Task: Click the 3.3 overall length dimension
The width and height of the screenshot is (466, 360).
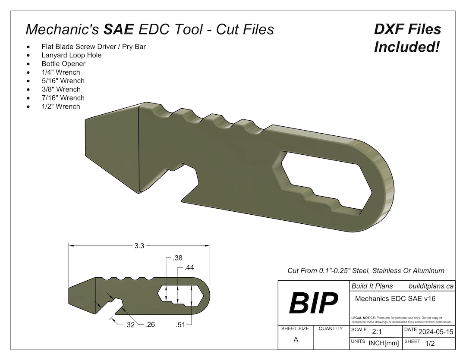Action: (139, 246)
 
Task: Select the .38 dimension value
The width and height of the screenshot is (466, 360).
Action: (177, 258)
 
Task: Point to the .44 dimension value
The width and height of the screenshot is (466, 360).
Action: (189, 268)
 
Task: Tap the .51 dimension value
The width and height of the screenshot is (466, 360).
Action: (180, 325)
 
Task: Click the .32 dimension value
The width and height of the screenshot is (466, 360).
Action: (129, 325)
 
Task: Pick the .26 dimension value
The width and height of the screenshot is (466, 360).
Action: (150, 325)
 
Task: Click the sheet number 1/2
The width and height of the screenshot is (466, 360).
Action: (430, 344)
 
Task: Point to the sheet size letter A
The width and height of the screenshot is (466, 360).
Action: (296, 339)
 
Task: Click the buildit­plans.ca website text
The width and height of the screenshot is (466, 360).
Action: (431, 286)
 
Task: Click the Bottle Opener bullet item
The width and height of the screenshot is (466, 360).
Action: (63, 64)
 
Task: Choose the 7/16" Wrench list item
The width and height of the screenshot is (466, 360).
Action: (63, 98)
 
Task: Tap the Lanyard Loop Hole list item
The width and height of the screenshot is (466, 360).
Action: (72, 55)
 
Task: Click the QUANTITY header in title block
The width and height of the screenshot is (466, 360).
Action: (331, 329)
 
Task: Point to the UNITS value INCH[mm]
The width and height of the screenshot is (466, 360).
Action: (384, 343)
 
